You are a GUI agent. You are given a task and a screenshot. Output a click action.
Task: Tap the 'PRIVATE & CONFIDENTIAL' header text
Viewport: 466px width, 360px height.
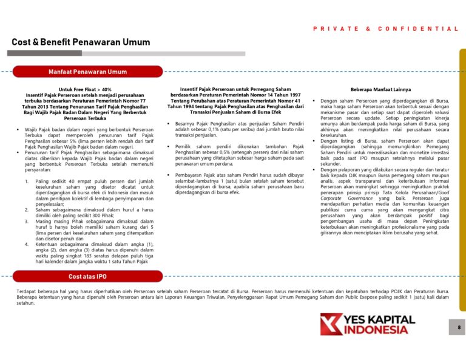pyautogui.click(x=385, y=29)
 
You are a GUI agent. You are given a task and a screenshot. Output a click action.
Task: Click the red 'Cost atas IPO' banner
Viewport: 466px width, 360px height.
pyautogui.click(x=87, y=276)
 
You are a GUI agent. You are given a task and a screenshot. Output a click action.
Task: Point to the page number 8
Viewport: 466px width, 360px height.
pyautogui.click(x=459, y=328)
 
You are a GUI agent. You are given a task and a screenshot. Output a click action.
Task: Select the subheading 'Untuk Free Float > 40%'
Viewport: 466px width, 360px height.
pyautogui.click(x=85, y=89)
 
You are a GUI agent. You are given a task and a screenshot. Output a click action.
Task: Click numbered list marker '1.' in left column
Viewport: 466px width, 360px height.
pyautogui.click(x=27, y=182)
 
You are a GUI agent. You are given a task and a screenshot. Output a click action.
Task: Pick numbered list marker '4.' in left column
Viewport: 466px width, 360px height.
pyautogui.click(x=27, y=244)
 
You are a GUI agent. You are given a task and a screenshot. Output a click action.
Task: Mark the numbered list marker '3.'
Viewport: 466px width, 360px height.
pyautogui.click(x=27, y=222)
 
